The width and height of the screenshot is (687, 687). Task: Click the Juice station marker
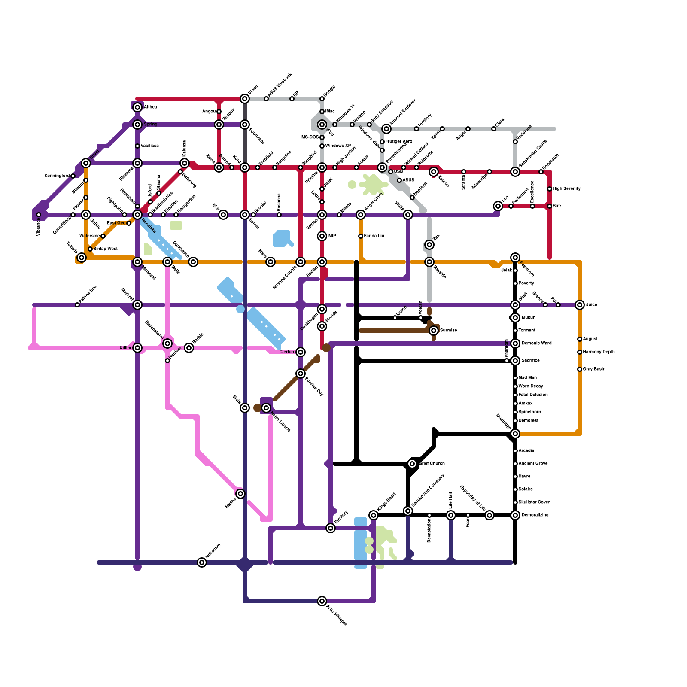[580, 305]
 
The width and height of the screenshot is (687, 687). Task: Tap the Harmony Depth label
[599, 352]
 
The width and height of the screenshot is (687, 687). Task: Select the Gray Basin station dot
[580, 369]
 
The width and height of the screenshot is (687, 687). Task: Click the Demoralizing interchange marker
[515, 515]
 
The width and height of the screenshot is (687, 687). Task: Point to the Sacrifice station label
[530, 361]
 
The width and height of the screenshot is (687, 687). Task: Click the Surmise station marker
[434, 331]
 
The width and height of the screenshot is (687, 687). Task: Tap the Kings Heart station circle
[374, 515]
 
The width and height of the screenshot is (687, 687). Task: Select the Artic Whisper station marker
[322, 601]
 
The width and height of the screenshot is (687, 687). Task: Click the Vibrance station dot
[39, 215]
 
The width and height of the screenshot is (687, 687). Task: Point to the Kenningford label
[57, 176]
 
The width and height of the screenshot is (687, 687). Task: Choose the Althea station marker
[137, 107]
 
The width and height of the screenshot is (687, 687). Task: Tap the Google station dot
[322, 99]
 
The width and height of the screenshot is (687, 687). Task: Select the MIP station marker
[322, 236]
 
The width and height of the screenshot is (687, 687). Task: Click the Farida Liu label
[374, 236]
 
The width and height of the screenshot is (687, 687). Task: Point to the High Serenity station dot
[550, 189]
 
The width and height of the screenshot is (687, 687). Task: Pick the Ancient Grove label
[533, 464]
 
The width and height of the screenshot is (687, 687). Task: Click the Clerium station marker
[301, 352]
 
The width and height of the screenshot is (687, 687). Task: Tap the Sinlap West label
[105, 249]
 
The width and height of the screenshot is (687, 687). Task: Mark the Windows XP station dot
[322, 146]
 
